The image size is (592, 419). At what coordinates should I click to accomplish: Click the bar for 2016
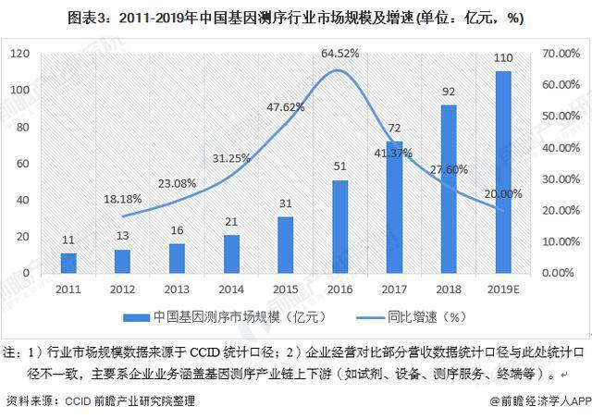[339, 227]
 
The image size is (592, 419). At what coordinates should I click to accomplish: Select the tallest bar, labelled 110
[503, 172]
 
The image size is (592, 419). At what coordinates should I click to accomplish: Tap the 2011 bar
[68, 263]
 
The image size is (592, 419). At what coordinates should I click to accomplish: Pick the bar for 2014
[231, 254]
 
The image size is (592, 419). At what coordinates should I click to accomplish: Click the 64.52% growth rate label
[339, 54]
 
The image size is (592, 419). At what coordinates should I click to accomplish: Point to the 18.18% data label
[123, 199]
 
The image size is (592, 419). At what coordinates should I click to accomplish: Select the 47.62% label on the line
[286, 107]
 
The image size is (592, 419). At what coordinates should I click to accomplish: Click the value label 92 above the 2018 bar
[449, 92]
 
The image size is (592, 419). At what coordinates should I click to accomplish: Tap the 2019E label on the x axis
[503, 290]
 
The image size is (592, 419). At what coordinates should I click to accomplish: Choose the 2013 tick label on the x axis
[177, 290]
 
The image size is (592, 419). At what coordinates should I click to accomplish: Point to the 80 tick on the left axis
[22, 127]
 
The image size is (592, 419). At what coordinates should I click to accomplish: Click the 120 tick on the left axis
[19, 54]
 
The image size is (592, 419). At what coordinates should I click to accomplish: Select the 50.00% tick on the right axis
[561, 116]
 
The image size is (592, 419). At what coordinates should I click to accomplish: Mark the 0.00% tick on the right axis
[558, 273]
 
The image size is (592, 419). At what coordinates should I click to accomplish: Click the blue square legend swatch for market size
[136, 317]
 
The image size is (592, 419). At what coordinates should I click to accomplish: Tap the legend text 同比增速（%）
[426, 317]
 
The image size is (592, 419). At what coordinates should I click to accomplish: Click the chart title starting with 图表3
[296, 18]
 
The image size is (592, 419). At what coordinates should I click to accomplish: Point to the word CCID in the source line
[78, 401]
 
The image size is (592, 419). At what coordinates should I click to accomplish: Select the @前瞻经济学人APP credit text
[540, 401]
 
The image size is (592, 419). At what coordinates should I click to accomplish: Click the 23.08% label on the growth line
[177, 183]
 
